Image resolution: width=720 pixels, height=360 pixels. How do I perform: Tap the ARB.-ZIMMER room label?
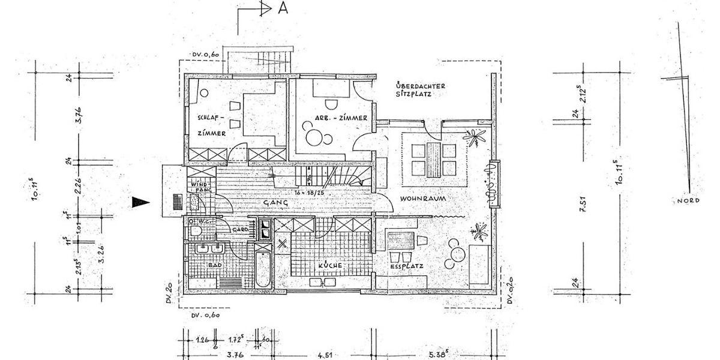tap(340, 118)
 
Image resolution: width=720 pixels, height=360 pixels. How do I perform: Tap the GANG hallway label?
tap(275, 204)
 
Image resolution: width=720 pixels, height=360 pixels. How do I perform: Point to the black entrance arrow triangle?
tap(140, 203)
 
